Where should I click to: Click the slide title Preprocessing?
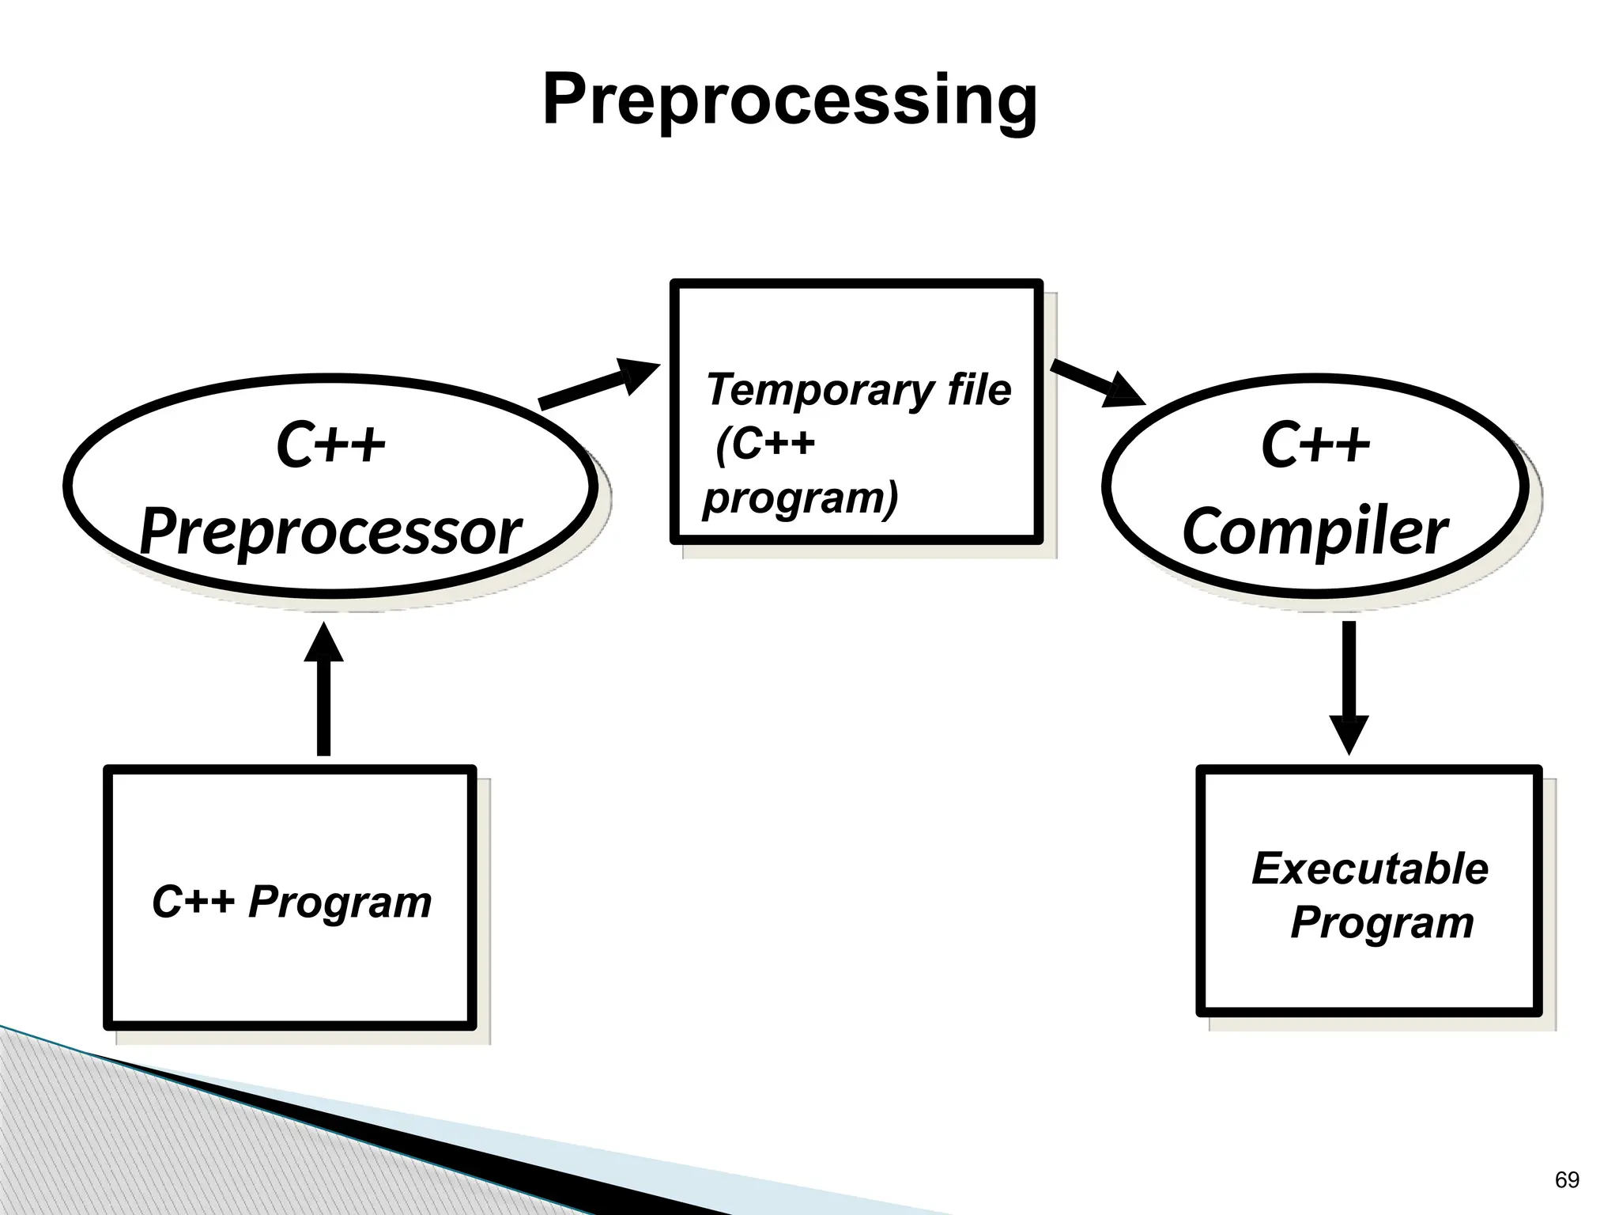[789, 101]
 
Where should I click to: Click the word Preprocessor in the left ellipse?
[330, 532]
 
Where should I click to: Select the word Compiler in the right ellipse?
[1315, 532]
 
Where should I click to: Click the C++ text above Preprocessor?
[330, 445]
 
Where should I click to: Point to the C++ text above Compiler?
[1315, 445]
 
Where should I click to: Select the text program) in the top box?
[800, 498]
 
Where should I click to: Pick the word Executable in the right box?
[1369, 869]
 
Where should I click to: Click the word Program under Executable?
[1382, 922]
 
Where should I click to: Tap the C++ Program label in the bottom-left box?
[291, 902]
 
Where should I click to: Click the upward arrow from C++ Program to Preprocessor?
[323, 696]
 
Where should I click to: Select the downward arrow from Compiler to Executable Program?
[1349, 680]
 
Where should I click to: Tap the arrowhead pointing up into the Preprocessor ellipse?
[323, 642]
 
